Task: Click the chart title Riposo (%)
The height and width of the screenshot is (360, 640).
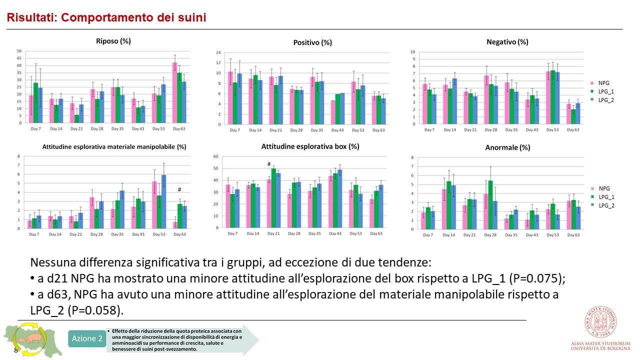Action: click(x=113, y=41)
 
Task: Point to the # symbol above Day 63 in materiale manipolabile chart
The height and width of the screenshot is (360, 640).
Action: click(x=179, y=190)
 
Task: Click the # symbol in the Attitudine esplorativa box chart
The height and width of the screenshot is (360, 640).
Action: click(x=268, y=164)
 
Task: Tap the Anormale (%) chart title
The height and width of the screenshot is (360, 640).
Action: click(x=507, y=147)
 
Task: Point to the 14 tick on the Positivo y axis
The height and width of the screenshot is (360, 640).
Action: click(x=217, y=52)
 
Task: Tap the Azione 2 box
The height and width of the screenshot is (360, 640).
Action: click(x=87, y=339)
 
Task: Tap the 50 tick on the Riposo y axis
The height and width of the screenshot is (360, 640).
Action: click(x=19, y=51)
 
